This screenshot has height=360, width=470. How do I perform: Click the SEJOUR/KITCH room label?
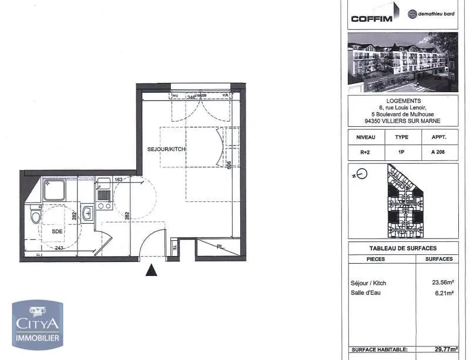tap(166, 150)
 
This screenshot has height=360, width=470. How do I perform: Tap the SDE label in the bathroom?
tap(57, 231)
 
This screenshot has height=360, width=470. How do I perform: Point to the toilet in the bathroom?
tap(36, 218)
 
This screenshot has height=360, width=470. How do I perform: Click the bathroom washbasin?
tap(87, 212)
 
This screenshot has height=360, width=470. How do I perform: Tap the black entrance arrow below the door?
tap(152, 271)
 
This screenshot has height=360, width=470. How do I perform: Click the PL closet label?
tap(220, 247)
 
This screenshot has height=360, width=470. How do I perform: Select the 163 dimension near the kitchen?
tap(118, 180)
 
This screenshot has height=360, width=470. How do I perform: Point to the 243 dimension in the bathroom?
tap(59, 248)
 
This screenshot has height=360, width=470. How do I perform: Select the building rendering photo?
tap(402, 62)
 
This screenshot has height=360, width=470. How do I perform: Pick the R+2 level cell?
tap(366, 151)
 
